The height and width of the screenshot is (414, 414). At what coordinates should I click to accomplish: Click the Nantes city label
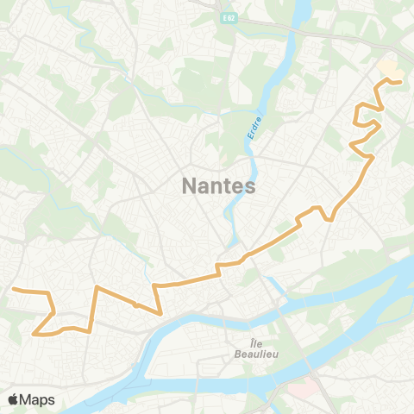[x=219, y=185]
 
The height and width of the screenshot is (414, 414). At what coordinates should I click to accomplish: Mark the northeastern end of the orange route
[x=401, y=82]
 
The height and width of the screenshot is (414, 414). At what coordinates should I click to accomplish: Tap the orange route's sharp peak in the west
[x=97, y=286]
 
